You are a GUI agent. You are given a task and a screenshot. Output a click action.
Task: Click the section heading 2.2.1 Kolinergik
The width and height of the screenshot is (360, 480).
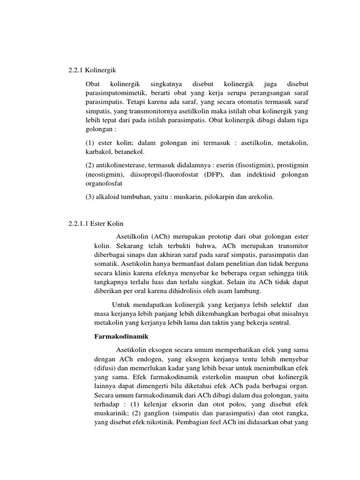(89, 71)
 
